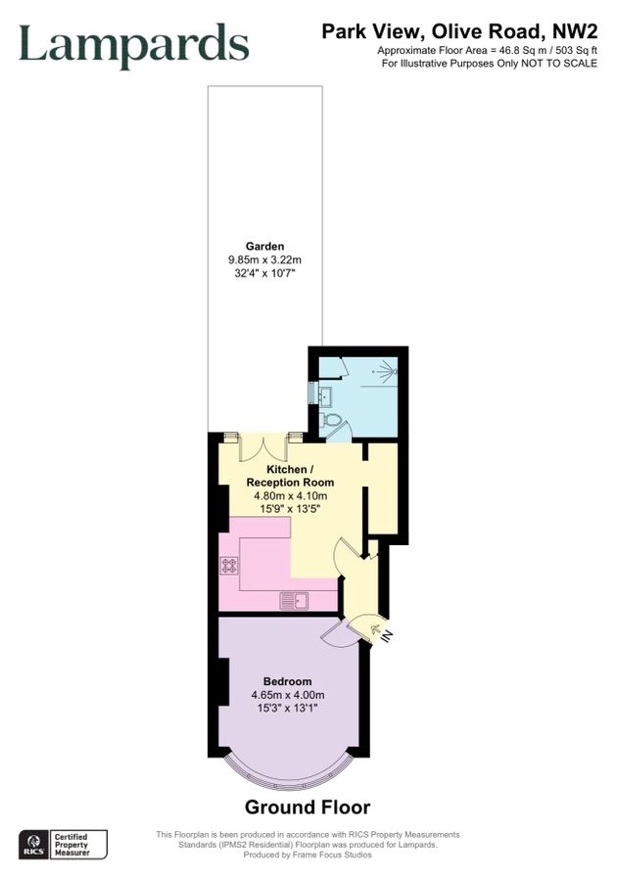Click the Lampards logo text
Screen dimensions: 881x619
[x=134, y=45]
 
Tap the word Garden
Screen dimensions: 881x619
[x=264, y=247]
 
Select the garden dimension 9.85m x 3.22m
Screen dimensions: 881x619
[x=264, y=260]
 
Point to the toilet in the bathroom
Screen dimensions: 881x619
[x=332, y=422]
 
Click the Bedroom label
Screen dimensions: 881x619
[x=287, y=681]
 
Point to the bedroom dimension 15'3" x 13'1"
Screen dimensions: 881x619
[x=287, y=710]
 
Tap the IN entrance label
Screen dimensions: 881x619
[x=387, y=636]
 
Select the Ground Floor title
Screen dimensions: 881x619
[x=308, y=808]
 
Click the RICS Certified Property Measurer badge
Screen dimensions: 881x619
[x=64, y=844]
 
